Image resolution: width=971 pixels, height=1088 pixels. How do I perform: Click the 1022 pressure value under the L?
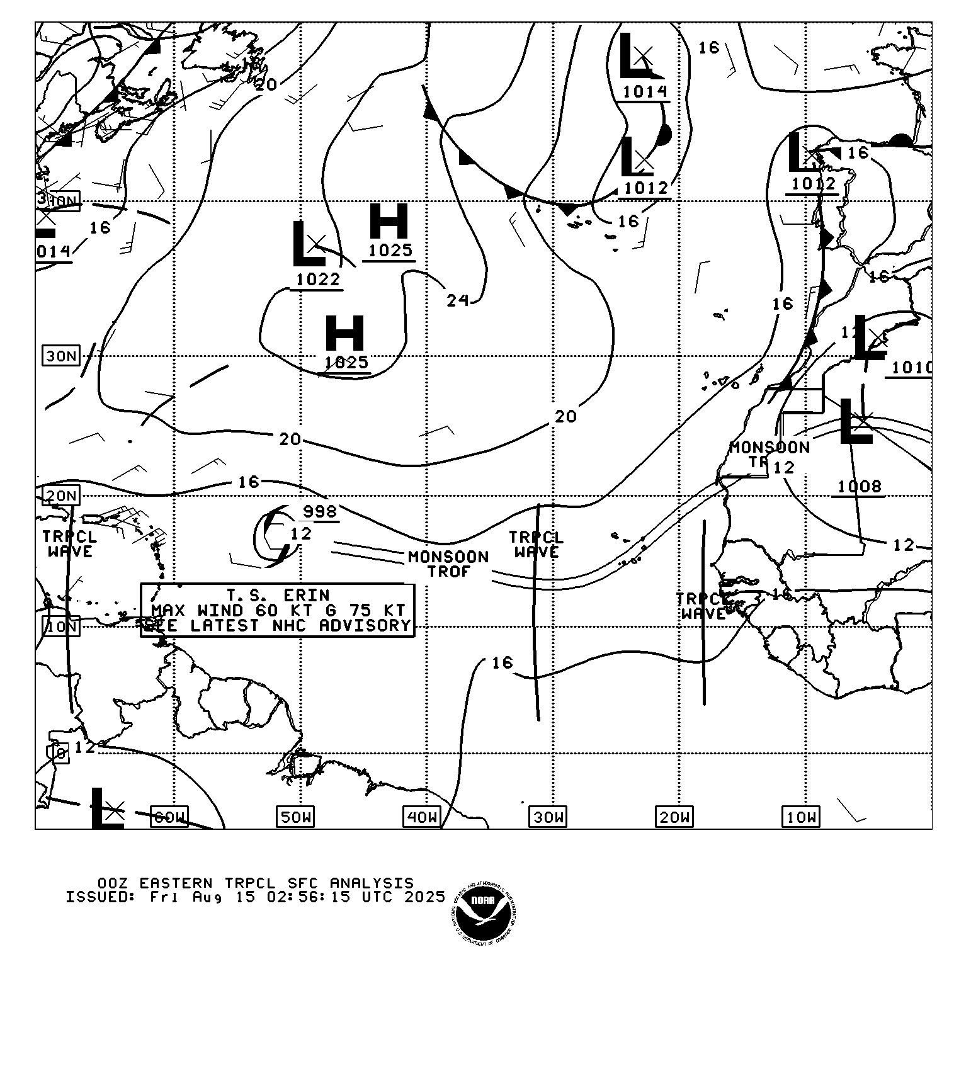[317, 279]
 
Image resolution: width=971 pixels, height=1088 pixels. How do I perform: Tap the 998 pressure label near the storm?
[320, 511]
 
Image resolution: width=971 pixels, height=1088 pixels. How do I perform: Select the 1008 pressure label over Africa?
[859, 486]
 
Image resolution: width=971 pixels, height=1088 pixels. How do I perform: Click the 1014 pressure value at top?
[645, 92]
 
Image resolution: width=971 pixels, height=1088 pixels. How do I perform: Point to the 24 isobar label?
[458, 301]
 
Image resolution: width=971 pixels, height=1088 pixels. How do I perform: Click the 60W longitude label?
[170, 817]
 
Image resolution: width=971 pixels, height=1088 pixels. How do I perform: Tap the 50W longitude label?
[296, 817]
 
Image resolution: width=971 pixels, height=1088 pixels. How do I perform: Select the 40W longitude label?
[422, 817]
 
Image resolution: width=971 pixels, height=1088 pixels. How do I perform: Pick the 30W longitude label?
[548, 817]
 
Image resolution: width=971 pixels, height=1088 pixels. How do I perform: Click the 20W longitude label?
[674, 817]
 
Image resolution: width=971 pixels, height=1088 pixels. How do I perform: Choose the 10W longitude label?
[801, 817]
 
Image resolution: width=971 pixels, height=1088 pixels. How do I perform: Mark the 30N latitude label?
[61, 356]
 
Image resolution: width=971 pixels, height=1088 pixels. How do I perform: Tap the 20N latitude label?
[61, 496]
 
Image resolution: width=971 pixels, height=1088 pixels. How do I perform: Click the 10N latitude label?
[61, 626]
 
